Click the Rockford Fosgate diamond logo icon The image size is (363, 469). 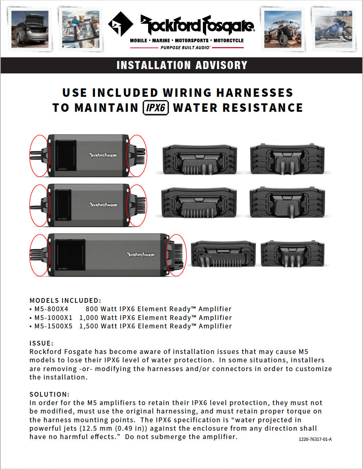tap(120, 24)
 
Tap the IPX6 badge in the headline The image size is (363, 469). tap(156, 108)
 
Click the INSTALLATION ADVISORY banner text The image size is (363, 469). tap(182, 65)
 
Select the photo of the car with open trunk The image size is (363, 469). tap(30, 29)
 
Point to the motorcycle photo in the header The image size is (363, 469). tap(333, 29)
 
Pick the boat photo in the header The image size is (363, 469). tap(81, 29)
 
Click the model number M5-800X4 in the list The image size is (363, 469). tap(51, 309)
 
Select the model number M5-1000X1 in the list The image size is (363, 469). tap(53, 318)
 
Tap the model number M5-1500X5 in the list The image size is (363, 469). tap(53, 326)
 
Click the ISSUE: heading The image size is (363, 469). tap(41, 343)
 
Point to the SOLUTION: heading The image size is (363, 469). tap(49, 394)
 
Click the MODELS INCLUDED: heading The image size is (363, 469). tap(65, 301)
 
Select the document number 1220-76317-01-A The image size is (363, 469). tap(315, 439)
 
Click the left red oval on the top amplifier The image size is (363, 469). tap(39, 156)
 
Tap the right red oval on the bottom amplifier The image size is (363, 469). tap(176, 255)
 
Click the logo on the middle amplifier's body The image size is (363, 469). tap(104, 205)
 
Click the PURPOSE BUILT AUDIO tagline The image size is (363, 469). tap(185, 48)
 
